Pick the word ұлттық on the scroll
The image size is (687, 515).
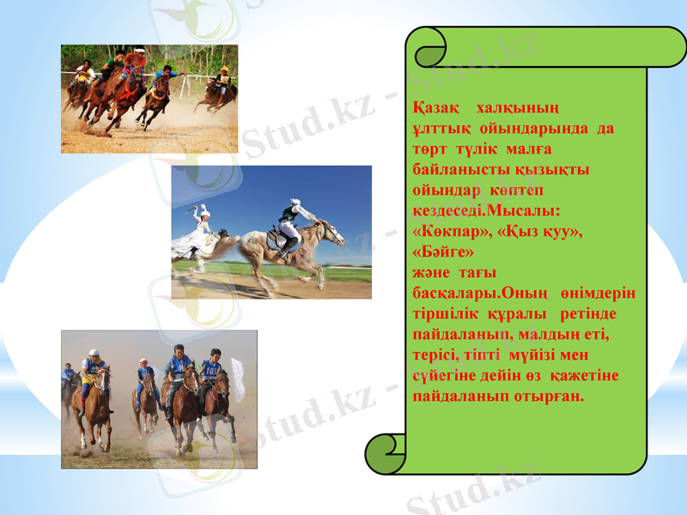coord(437,129)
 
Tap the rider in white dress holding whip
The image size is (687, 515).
coord(203,227)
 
